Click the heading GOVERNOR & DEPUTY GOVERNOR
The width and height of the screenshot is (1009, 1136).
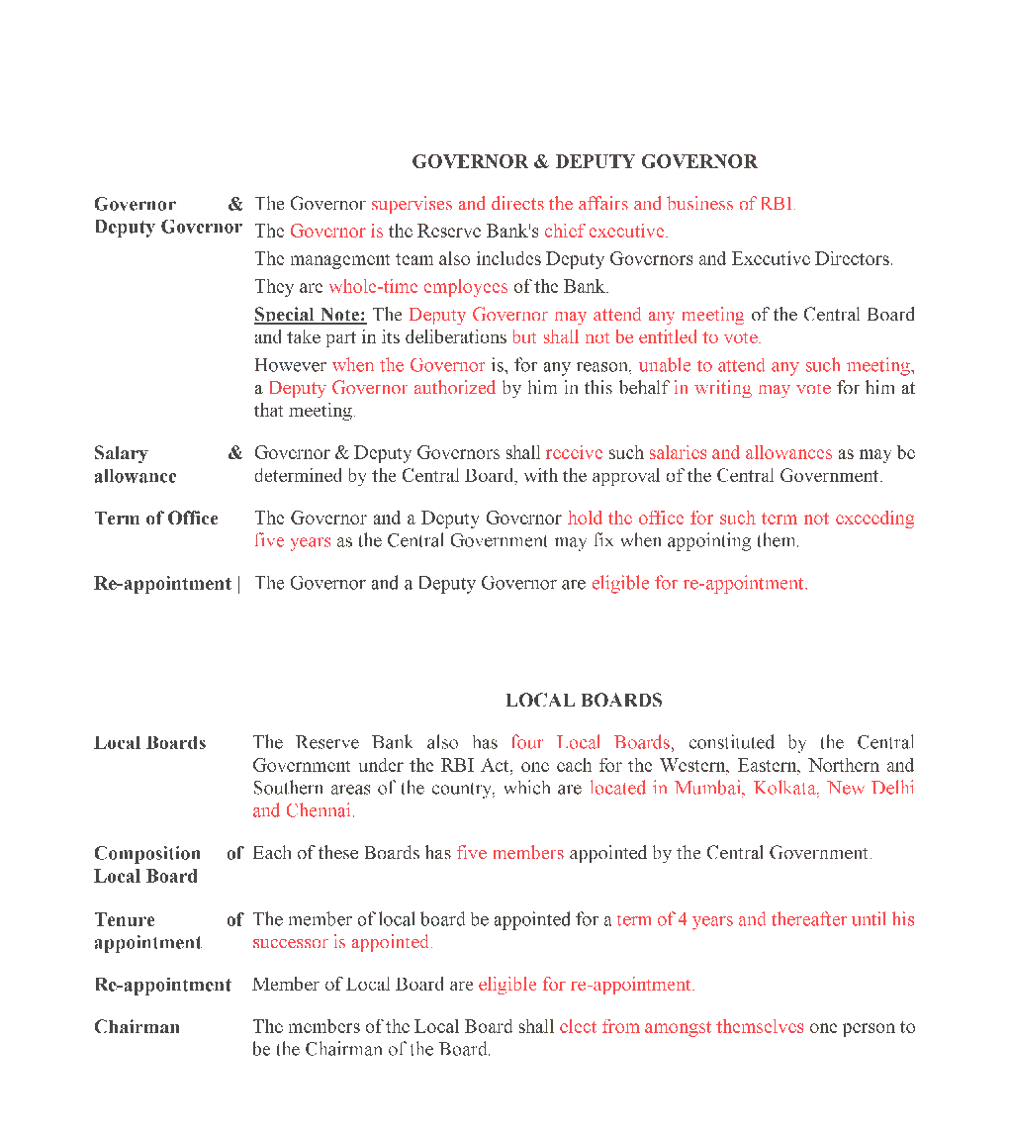coord(585,161)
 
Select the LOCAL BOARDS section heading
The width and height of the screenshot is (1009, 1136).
coord(584,700)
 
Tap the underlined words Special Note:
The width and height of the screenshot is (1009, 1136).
coord(310,315)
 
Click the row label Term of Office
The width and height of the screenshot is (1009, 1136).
coord(156,519)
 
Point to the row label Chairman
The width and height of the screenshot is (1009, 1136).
coord(137,1027)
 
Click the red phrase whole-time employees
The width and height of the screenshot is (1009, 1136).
coord(417,287)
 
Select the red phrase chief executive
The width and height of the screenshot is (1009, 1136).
coord(605,232)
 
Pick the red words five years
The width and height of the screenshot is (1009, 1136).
coord(292,541)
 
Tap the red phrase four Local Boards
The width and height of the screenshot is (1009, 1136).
coord(591,742)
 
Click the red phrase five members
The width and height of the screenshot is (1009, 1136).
coord(509,853)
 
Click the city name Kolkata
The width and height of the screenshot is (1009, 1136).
coord(785,789)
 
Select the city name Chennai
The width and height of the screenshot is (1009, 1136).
coord(320,811)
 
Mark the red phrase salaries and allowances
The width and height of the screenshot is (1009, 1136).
coord(740,453)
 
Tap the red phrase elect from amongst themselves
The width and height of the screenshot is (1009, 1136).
coord(681,1027)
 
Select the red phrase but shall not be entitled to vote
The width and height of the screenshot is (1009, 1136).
coord(636,337)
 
